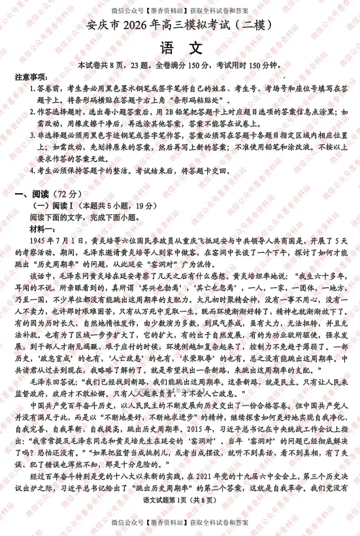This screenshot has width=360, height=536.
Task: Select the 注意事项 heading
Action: pos(31,77)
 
